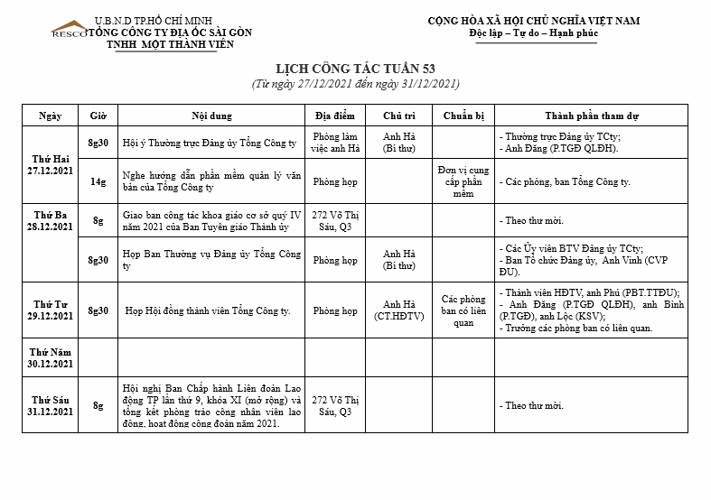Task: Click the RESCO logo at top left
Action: click(x=69, y=30)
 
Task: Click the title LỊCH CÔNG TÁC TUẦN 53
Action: click(x=355, y=69)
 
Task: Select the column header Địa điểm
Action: click(x=334, y=116)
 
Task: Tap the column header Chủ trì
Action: click(x=398, y=116)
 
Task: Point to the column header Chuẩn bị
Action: click(x=463, y=116)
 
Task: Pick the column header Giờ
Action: click(x=98, y=116)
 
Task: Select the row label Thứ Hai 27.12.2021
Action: click(x=49, y=164)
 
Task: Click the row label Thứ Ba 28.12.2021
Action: click(x=50, y=220)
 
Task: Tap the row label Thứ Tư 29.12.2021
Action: click(x=50, y=310)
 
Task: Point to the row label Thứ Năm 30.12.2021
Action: click(x=50, y=358)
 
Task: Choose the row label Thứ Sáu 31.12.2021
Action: click(x=50, y=405)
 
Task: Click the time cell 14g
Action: click(x=98, y=181)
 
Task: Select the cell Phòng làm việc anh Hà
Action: click(x=334, y=143)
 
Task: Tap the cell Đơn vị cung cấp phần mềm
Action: click(x=463, y=181)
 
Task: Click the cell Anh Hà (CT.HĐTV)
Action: click(x=398, y=310)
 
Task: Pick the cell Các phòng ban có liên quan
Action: click(x=463, y=310)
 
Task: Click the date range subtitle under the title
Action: click(x=355, y=84)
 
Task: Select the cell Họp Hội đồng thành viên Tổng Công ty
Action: click(x=208, y=311)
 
